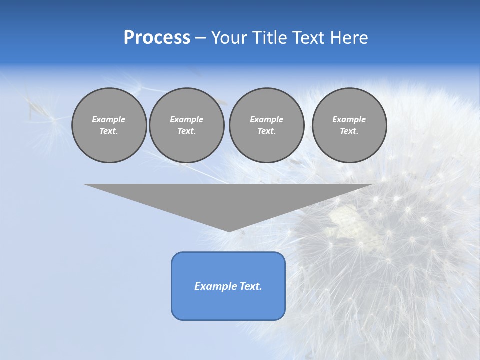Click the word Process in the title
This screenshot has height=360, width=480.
(157, 38)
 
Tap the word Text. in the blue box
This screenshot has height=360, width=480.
(251, 286)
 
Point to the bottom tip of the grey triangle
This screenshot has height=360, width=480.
(229, 231)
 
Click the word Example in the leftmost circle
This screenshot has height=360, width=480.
(109, 119)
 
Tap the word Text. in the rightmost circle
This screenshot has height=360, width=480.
(349, 131)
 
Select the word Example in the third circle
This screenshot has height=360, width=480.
(266, 119)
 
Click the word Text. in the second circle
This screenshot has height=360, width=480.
(186, 131)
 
